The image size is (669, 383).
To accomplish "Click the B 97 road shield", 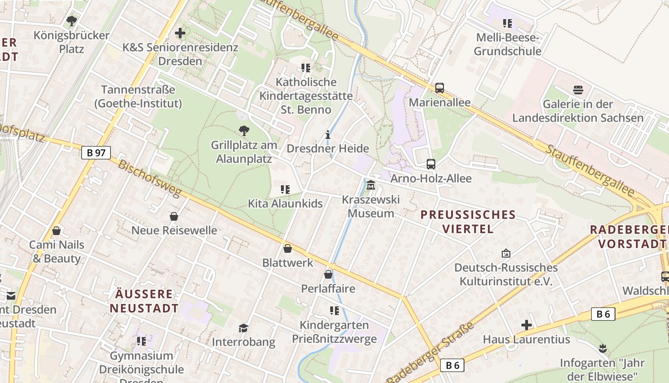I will (x=96, y=153).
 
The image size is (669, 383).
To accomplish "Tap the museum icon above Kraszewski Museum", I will (x=371, y=185).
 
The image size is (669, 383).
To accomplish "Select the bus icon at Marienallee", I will (x=440, y=88).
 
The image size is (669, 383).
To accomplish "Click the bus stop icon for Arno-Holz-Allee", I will (x=431, y=164).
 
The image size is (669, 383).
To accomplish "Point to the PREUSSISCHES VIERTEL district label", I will (x=468, y=222).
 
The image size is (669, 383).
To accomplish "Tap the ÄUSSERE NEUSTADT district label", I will (x=144, y=301).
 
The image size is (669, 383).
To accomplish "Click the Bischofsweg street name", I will (x=150, y=179).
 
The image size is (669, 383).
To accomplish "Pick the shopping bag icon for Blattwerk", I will (x=288, y=248).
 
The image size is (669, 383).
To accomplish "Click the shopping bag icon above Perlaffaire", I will (x=328, y=274).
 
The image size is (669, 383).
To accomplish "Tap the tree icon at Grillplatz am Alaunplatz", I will (x=244, y=130).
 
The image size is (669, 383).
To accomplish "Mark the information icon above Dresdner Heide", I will (x=328, y=135).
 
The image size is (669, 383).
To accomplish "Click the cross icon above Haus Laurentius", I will (x=527, y=325).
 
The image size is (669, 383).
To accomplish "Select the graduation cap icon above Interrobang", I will (x=244, y=328).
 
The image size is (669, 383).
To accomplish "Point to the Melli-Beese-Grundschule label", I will (x=507, y=44).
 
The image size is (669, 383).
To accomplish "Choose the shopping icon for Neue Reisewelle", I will (x=174, y=216).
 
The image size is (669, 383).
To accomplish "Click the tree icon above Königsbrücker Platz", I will (x=72, y=21).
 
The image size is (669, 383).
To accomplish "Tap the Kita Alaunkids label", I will (x=285, y=203).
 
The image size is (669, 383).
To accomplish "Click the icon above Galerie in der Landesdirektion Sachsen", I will (x=578, y=90).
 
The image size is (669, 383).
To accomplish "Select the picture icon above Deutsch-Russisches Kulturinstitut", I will (x=506, y=253).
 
